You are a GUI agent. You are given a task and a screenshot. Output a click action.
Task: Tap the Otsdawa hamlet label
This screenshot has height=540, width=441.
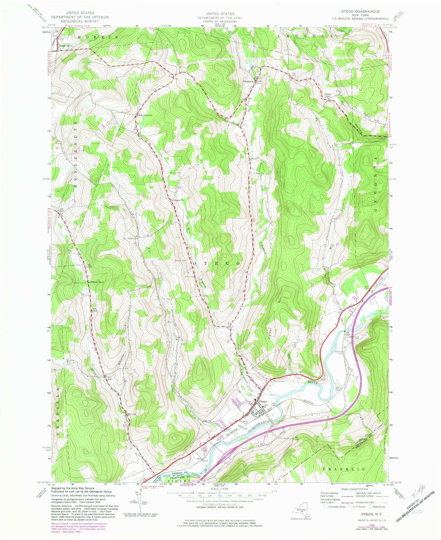(248, 82)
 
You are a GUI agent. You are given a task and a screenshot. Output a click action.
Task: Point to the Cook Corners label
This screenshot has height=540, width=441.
(144, 115)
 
